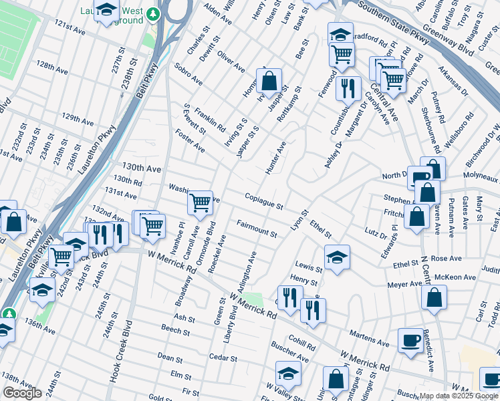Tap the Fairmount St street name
256,228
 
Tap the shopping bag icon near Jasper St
269,82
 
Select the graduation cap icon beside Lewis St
337,257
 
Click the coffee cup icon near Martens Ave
410,340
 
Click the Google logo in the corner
22,393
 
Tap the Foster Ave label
190,141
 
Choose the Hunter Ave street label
275,158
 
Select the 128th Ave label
52,68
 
